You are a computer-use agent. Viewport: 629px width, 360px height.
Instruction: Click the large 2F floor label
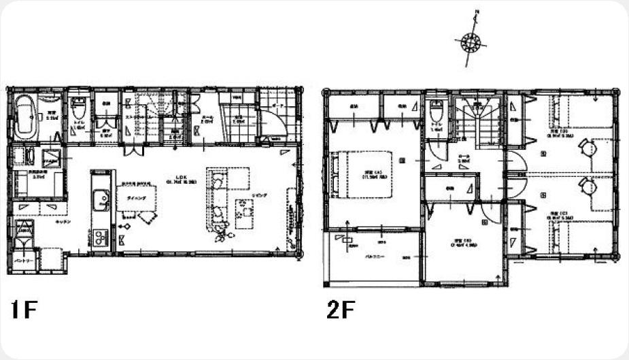click(340, 310)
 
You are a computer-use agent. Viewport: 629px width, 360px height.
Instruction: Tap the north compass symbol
click(470, 42)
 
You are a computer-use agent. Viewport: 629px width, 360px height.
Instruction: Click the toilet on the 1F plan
click(79, 109)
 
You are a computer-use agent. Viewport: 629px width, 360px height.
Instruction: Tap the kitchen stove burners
click(100, 237)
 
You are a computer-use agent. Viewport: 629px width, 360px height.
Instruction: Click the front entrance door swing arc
click(272, 126)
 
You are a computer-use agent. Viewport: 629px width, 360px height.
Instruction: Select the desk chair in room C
click(585, 185)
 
